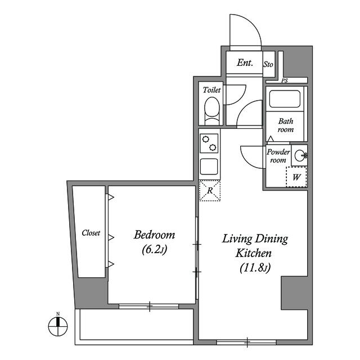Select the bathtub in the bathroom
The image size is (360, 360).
pyautogui.click(x=285, y=99)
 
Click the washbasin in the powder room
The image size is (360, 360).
pyautogui.click(x=300, y=155)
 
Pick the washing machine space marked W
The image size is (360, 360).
pyautogui.click(x=296, y=177)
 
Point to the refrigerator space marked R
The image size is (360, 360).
pyautogui.click(x=210, y=191)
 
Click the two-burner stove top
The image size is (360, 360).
pyautogui.click(x=209, y=143)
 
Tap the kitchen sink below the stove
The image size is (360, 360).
pyautogui.click(x=209, y=166)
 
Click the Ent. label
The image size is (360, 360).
pyautogui.click(x=245, y=62)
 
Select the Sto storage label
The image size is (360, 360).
pyautogui.click(x=268, y=64)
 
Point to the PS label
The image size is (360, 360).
pyautogui.click(x=285, y=81)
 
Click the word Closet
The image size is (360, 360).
pyautogui.click(x=91, y=233)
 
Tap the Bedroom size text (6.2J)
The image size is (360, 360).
pyautogui.click(x=154, y=250)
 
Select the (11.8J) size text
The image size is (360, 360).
pyautogui.click(x=255, y=268)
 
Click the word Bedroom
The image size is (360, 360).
pyautogui.click(x=154, y=235)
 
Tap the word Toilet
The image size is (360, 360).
pyautogui.click(x=211, y=90)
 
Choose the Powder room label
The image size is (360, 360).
pyautogui.click(x=278, y=156)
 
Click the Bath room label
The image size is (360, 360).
pyautogui.click(x=286, y=125)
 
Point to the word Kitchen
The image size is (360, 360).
pyautogui.click(x=254, y=253)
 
